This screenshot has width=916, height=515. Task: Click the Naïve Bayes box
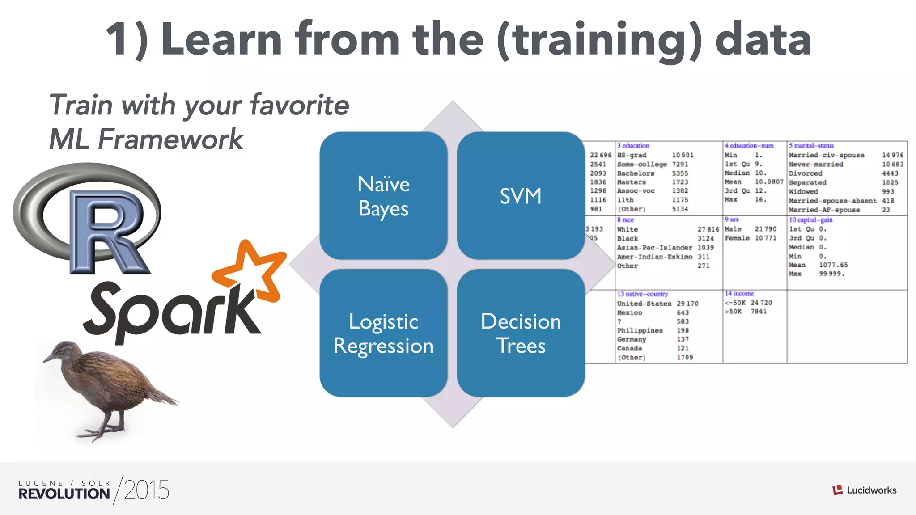383,196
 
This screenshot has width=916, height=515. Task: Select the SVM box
521,196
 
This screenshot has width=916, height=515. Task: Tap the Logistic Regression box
383,333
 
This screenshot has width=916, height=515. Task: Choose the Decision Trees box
521,333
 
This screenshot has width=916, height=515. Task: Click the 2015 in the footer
146,490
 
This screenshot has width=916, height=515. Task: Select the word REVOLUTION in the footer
64,494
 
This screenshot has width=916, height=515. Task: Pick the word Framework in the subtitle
170,139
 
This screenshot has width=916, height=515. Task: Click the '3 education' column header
633,146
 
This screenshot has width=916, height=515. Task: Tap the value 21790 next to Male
765,229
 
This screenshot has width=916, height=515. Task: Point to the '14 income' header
739,294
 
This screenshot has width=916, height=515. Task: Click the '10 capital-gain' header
810,220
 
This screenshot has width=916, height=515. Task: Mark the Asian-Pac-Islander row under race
654,248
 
